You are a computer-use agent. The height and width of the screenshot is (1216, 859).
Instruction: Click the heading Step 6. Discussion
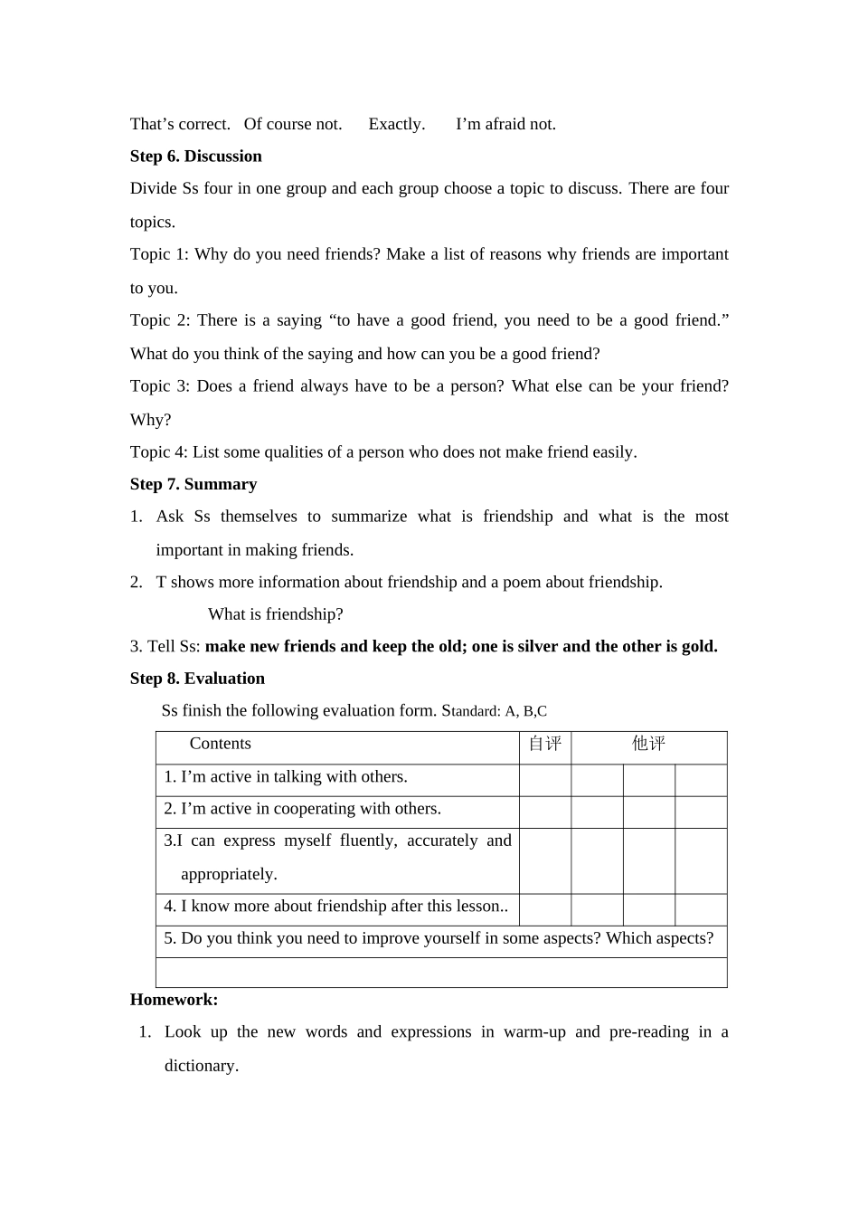click(195, 157)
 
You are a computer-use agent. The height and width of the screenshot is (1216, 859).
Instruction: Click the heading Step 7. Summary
click(193, 485)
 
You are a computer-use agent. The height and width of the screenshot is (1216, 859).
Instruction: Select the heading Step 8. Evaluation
click(197, 679)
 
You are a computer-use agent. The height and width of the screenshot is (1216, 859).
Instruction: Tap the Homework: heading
click(174, 1000)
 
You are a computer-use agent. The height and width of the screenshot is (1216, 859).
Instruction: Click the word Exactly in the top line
click(396, 125)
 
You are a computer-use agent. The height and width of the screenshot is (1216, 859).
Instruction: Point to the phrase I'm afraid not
click(505, 125)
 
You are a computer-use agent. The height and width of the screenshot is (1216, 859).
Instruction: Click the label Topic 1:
click(159, 255)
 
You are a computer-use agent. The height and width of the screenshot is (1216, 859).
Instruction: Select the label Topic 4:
click(159, 452)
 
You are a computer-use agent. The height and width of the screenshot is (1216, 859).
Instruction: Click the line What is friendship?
click(275, 614)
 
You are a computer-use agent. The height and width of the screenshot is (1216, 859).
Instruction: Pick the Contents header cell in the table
click(220, 744)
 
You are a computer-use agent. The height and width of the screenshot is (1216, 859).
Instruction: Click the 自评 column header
click(544, 744)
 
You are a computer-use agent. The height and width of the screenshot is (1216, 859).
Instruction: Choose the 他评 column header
click(648, 744)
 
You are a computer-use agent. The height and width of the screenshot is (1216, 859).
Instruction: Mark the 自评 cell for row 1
click(544, 780)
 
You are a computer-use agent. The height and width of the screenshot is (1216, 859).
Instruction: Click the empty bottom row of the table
click(441, 973)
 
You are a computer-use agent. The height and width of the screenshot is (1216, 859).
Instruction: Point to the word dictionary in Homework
click(201, 1066)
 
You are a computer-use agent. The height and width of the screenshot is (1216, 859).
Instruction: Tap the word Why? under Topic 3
click(150, 420)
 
